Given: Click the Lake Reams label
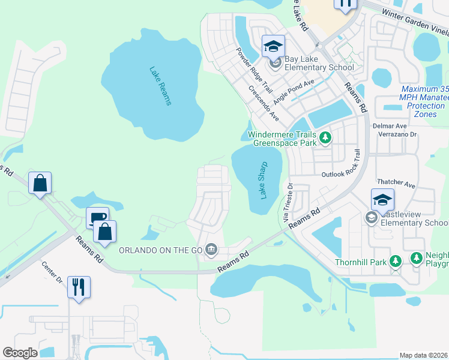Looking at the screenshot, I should (x=160, y=85).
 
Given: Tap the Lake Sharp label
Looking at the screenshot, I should (x=262, y=179).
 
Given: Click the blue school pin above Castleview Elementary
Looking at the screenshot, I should (x=382, y=200).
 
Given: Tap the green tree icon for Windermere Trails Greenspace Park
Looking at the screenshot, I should (x=325, y=139).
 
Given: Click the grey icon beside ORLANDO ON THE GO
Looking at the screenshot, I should (x=211, y=249).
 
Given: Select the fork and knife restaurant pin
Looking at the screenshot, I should (x=79, y=287).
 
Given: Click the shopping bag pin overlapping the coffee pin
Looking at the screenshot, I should (x=104, y=232).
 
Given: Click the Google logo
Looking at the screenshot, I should (x=20, y=353).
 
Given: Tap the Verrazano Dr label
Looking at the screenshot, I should (x=397, y=134).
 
